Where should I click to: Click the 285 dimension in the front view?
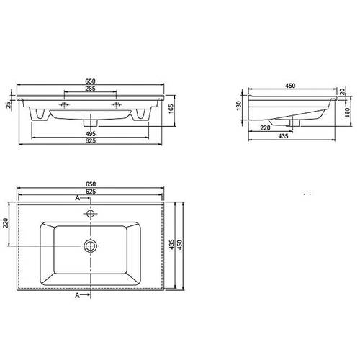point(91,89)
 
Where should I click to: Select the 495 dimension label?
point(91,134)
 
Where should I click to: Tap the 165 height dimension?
point(171,109)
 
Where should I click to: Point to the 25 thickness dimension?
point(9,104)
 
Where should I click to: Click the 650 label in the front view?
point(91,81)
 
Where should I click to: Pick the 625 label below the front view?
point(91,140)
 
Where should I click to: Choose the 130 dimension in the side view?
point(238,106)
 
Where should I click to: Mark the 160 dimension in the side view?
point(347,112)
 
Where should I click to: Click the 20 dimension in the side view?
point(343,91)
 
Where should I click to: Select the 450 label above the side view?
point(290,86)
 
